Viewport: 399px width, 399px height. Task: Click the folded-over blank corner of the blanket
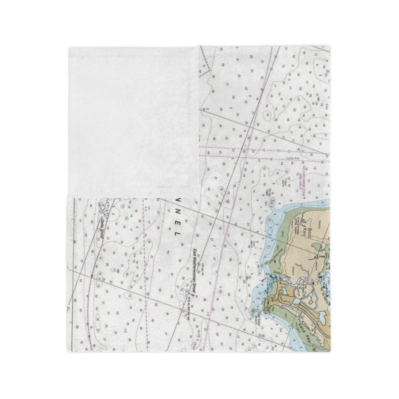pyautogui.click(x=133, y=119)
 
